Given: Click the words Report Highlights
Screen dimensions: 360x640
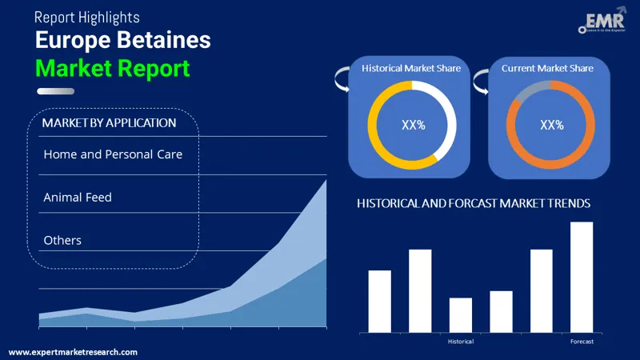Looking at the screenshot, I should point(87,17).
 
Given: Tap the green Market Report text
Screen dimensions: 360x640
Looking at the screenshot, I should point(112,68).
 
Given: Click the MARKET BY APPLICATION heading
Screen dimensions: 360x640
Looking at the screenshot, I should point(109,123).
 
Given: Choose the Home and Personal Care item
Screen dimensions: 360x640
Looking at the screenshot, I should point(113,154).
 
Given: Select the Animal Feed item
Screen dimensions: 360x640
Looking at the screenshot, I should point(78,197).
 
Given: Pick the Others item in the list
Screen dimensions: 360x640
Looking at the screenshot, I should point(62,240).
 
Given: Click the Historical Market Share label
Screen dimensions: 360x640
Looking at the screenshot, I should point(411,69).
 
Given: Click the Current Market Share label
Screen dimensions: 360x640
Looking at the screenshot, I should point(547,69).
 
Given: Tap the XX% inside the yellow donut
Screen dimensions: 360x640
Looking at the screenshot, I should point(412,125).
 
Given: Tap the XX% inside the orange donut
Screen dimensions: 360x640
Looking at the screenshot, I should point(552,125).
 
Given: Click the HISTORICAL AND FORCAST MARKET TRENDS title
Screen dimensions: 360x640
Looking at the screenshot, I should point(474,204).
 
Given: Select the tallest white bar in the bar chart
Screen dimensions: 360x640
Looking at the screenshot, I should point(582,277).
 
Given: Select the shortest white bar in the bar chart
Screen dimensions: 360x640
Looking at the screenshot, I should point(461,314).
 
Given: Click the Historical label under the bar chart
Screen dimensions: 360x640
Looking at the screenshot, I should point(461,342).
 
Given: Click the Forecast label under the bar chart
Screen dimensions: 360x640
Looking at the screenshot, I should point(582,342).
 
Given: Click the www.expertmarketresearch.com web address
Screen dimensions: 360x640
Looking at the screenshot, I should point(73,352).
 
